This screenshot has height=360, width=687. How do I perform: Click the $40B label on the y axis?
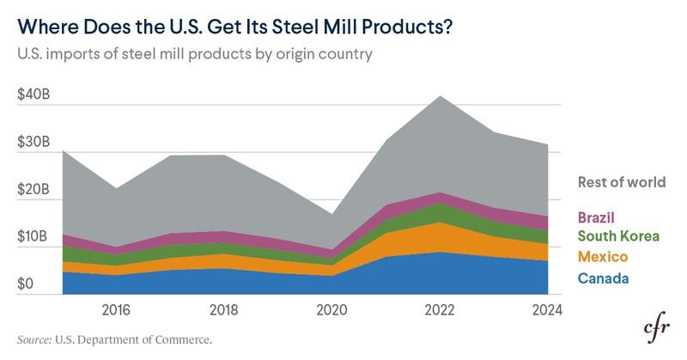coord(33,95)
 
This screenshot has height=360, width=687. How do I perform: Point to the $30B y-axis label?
coord(33,142)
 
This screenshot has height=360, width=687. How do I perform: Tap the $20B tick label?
coord(33,189)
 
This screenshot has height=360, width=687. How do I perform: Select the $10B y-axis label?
coord(33,236)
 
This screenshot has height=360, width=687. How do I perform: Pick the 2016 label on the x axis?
coord(115,309)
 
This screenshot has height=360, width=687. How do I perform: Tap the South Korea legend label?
coord(618,236)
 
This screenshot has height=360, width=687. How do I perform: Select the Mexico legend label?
coord(602,257)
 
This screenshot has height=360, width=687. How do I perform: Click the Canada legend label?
coord(604,278)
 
